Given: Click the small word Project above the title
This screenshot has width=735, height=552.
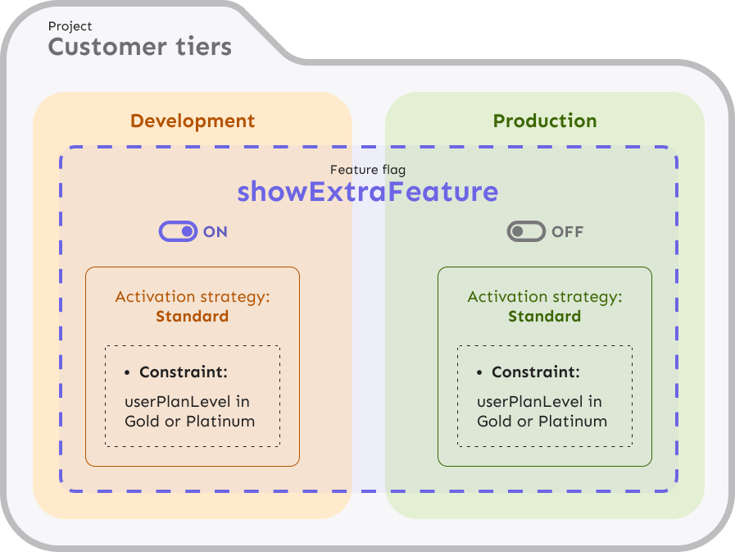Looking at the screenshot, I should [x=70, y=27].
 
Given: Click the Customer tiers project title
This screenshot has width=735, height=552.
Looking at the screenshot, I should [x=139, y=47].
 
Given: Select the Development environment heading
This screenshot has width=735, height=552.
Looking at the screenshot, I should [x=193, y=121].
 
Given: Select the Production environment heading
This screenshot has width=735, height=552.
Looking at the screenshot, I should [x=545, y=121].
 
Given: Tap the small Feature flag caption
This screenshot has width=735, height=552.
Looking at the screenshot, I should [x=368, y=170].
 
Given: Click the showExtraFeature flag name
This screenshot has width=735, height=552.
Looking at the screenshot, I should [x=368, y=192].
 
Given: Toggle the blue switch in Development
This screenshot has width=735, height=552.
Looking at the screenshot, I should [x=178, y=232].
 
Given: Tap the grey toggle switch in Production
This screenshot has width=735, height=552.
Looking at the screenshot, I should [x=526, y=232].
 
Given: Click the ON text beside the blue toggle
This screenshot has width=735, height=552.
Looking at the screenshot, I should [x=216, y=232].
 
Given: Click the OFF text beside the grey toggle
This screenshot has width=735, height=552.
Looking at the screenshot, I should [x=567, y=232].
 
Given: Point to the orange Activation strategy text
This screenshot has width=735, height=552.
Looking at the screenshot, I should [x=193, y=297].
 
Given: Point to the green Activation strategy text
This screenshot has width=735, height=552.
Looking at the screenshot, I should [x=545, y=297].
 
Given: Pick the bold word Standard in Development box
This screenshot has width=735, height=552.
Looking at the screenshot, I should [x=193, y=317].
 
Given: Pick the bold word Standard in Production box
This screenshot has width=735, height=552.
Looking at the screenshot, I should [x=545, y=317].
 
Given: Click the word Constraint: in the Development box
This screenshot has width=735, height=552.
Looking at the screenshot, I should [x=184, y=372].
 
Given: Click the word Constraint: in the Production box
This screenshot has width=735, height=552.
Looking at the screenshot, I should [x=536, y=372].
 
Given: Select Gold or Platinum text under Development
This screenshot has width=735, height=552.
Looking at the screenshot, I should [x=190, y=422].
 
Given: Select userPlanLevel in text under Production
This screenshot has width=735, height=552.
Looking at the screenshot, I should [x=540, y=402].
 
